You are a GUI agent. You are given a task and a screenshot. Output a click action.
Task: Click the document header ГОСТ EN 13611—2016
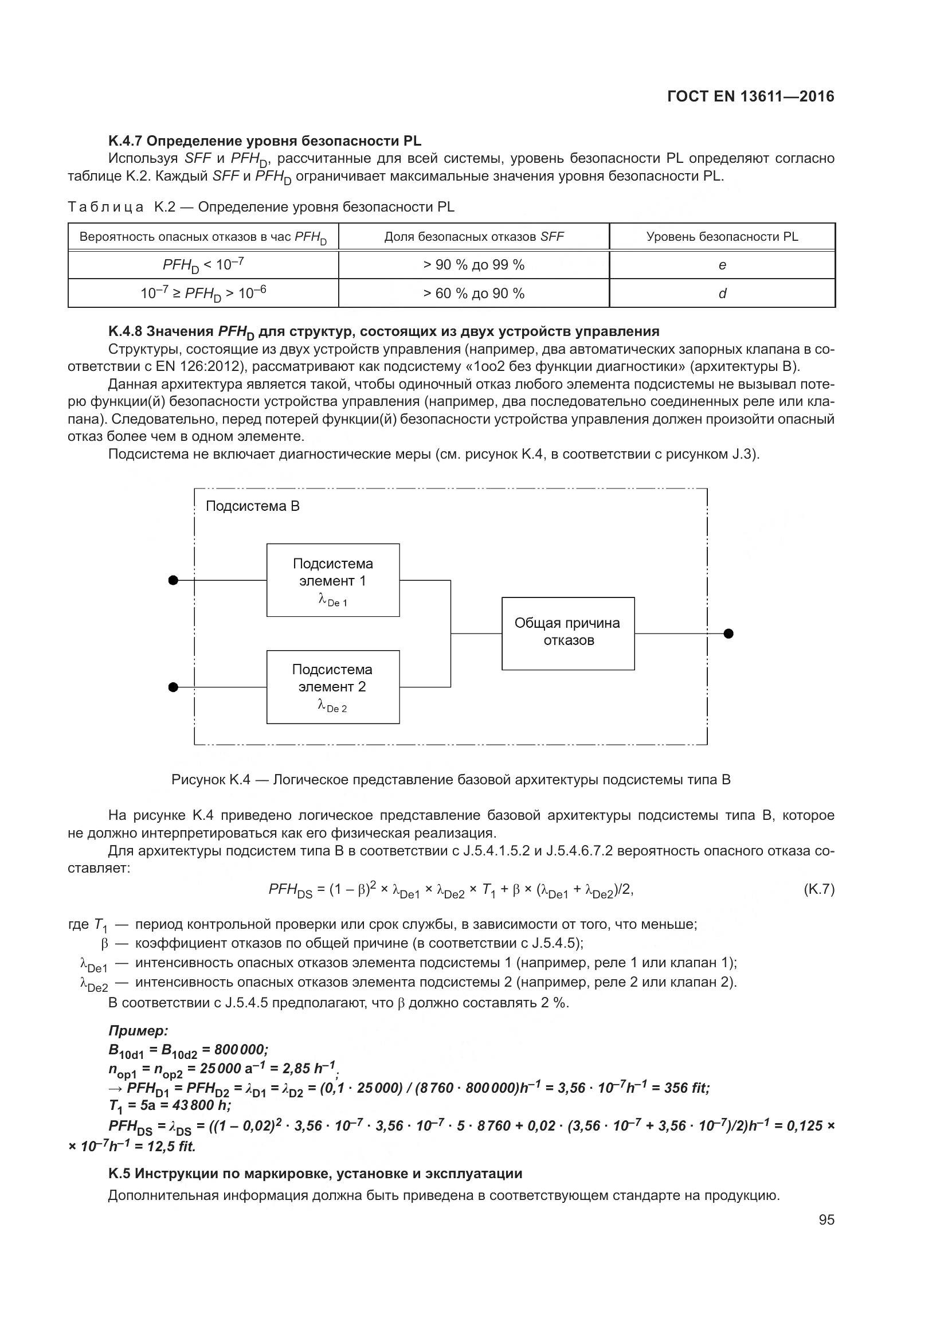pyautogui.click(x=750, y=96)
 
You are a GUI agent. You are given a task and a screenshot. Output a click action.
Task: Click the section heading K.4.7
pyautogui.click(x=264, y=141)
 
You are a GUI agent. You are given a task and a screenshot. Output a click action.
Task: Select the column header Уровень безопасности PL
pyautogui.click(x=722, y=237)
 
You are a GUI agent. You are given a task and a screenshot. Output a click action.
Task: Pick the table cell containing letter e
pyautogui.click(x=722, y=265)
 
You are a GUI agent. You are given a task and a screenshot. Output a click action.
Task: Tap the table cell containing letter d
pyautogui.click(x=722, y=293)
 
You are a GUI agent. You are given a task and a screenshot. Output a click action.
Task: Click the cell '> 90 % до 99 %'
pyautogui.click(x=473, y=265)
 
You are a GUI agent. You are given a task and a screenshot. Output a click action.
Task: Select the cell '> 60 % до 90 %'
pyautogui.click(x=473, y=293)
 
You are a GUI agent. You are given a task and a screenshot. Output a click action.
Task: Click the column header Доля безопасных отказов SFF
pyautogui.click(x=473, y=237)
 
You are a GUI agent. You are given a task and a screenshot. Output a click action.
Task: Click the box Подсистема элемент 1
pyautogui.click(x=333, y=580)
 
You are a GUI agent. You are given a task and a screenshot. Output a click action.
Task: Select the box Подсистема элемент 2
pyautogui.click(x=333, y=687)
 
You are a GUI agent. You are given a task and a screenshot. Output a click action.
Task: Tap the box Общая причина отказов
pyautogui.click(x=568, y=633)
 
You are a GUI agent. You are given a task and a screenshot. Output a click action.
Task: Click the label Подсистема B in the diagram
pyautogui.click(x=252, y=506)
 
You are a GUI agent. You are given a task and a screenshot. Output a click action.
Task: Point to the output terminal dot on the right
pyautogui.click(x=728, y=634)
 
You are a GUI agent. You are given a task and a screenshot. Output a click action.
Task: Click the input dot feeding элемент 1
pyautogui.click(x=173, y=580)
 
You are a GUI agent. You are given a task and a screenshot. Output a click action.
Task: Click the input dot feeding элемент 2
pyautogui.click(x=173, y=687)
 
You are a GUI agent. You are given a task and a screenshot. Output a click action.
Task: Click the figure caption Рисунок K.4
pyautogui.click(x=451, y=780)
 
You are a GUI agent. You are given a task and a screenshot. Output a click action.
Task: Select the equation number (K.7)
pyautogui.click(x=818, y=890)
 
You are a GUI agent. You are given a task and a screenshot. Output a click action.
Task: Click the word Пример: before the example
pyautogui.click(x=138, y=1031)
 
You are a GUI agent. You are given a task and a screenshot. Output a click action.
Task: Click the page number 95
pyautogui.click(x=826, y=1219)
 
